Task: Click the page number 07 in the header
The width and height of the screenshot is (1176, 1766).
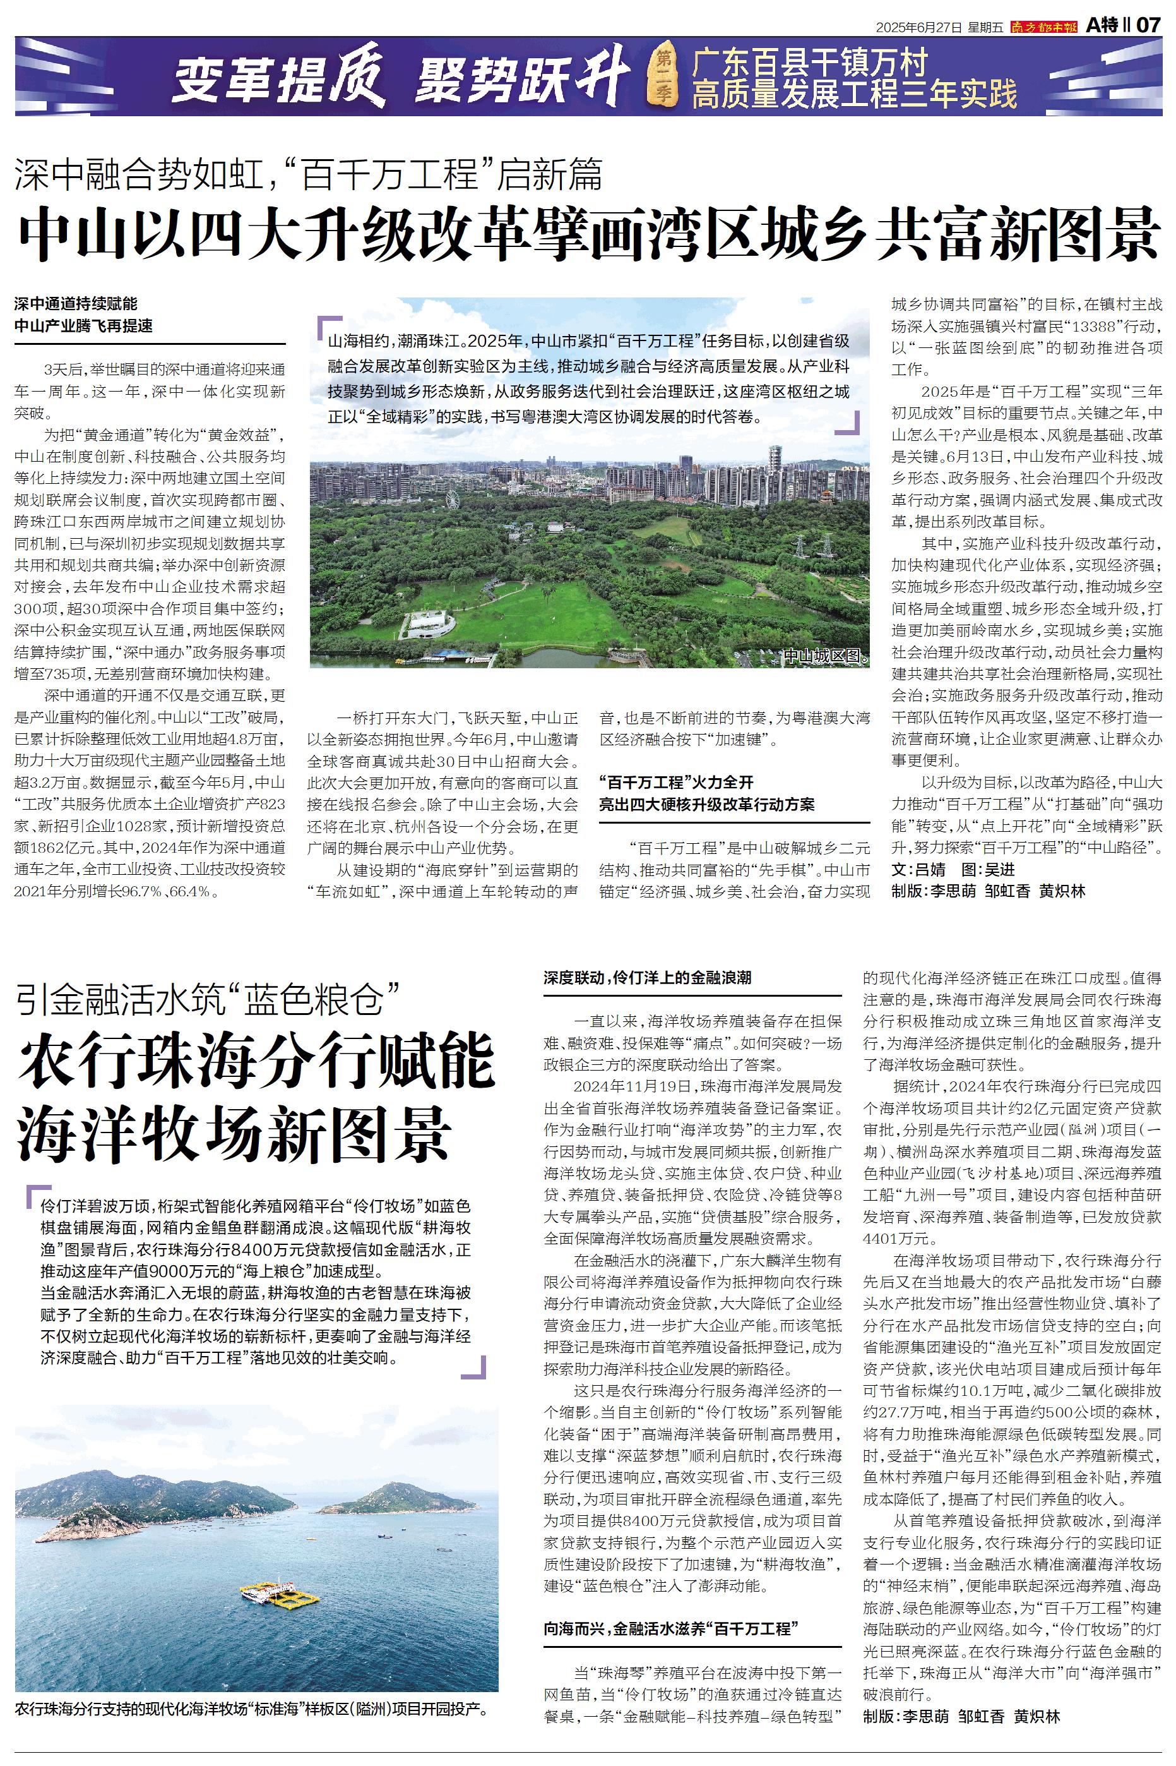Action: [1149, 25]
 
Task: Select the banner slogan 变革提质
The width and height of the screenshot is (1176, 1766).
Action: [278, 81]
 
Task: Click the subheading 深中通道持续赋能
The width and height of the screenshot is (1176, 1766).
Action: [76, 304]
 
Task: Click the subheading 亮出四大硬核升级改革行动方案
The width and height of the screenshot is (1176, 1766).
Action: [706, 804]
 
